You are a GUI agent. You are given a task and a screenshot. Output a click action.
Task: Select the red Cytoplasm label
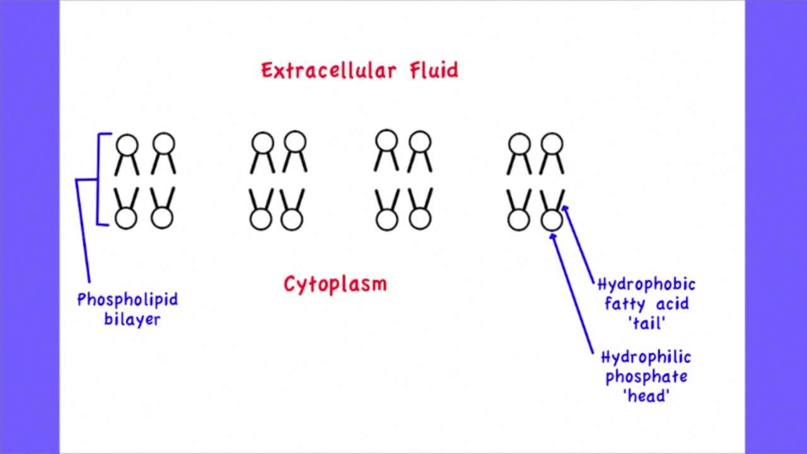coord(335,284)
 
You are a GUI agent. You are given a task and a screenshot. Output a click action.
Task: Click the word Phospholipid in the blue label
coord(127,300)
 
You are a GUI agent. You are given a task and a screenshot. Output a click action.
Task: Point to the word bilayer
coord(132,319)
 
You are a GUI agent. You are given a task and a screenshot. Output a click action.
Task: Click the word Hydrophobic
coord(646,285)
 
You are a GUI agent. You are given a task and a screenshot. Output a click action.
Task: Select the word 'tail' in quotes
coord(646,323)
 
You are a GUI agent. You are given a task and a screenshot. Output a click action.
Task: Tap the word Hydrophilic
coord(646,358)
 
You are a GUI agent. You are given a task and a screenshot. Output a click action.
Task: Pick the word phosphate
coord(646,377)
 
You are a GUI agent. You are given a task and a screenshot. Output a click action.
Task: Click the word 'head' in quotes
coord(646,396)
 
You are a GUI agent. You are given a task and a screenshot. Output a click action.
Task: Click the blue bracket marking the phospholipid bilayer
coord(98,180)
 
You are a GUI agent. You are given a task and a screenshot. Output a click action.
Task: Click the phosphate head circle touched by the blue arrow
coord(552,221)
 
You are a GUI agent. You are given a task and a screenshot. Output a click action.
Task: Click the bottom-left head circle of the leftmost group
coord(126,219)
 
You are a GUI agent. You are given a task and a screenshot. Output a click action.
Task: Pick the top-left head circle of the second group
coord(262,143)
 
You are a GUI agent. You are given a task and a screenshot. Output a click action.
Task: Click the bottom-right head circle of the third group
coord(419,219)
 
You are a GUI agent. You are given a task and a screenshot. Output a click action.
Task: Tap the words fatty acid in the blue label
coord(646,304)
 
